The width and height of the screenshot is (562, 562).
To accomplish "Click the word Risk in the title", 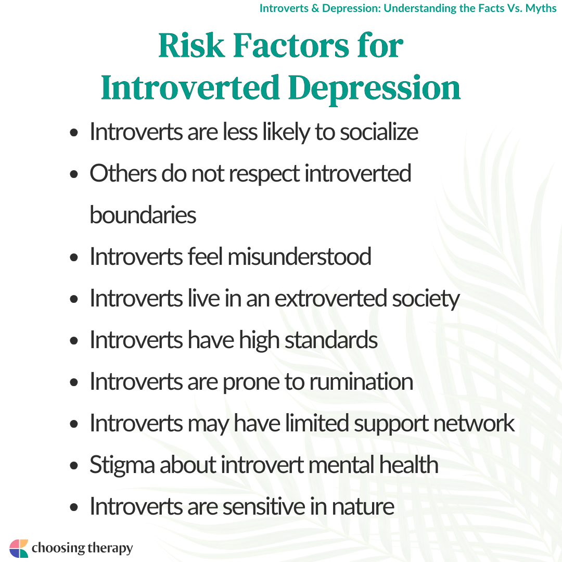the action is pyautogui.click(x=191, y=45).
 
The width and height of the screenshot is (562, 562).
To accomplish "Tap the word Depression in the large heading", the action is pyautogui.click(x=374, y=88).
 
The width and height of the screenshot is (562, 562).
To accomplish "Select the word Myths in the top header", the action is pyautogui.click(x=541, y=8).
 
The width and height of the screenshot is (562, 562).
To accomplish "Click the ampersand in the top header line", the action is pyautogui.click(x=315, y=8).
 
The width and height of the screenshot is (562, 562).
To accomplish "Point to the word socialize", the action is pyautogui.click(x=379, y=132).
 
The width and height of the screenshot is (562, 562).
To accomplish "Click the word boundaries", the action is pyautogui.click(x=143, y=215).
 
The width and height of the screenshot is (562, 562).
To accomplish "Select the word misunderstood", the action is pyautogui.click(x=299, y=257).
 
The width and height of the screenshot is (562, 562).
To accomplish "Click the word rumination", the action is pyautogui.click(x=361, y=381).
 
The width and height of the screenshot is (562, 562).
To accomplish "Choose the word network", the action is pyautogui.click(x=474, y=423).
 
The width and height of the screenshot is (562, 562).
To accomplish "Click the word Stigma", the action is pyautogui.click(x=122, y=465).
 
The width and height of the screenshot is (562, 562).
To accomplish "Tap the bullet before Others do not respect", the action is pyautogui.click(x=74, y=174).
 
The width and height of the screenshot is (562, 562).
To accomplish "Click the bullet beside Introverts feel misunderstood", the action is pyautogui.click(x=74, y=258).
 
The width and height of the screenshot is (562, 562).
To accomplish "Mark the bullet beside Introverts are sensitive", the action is pyautogui.click(x=74, y=507).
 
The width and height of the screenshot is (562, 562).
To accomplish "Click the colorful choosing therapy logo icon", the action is pyautogui.click(x=19, y=548).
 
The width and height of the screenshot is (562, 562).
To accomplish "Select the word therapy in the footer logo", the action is pyautogui.click(x=110, y=548).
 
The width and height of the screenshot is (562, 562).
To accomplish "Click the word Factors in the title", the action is pyautogui.click(x=291, y=45).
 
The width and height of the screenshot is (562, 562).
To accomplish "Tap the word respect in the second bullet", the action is pyautogui.click(x=264, y=174).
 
